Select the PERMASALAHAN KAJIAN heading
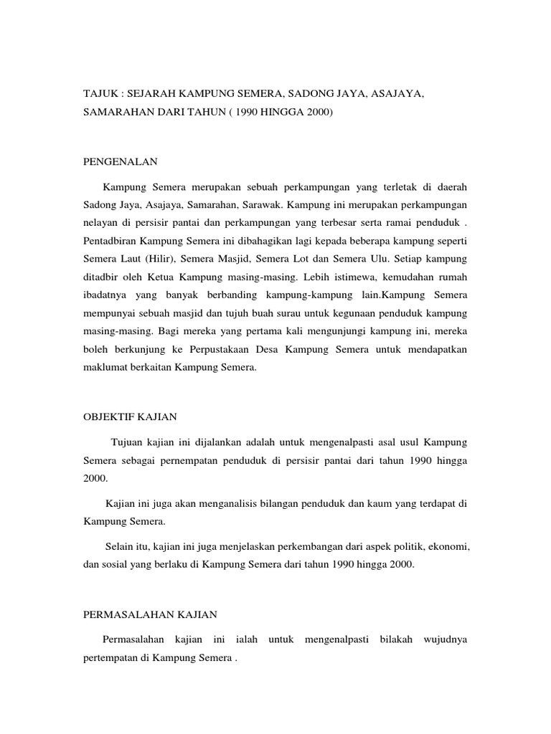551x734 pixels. (150, 614)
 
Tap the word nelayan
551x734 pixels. (100, 224)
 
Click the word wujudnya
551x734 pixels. (446, 639)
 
